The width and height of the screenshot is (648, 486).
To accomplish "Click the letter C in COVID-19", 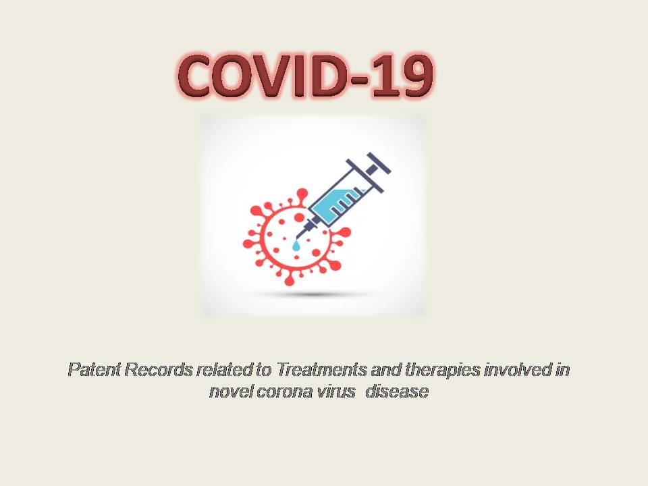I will [202, 76].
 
